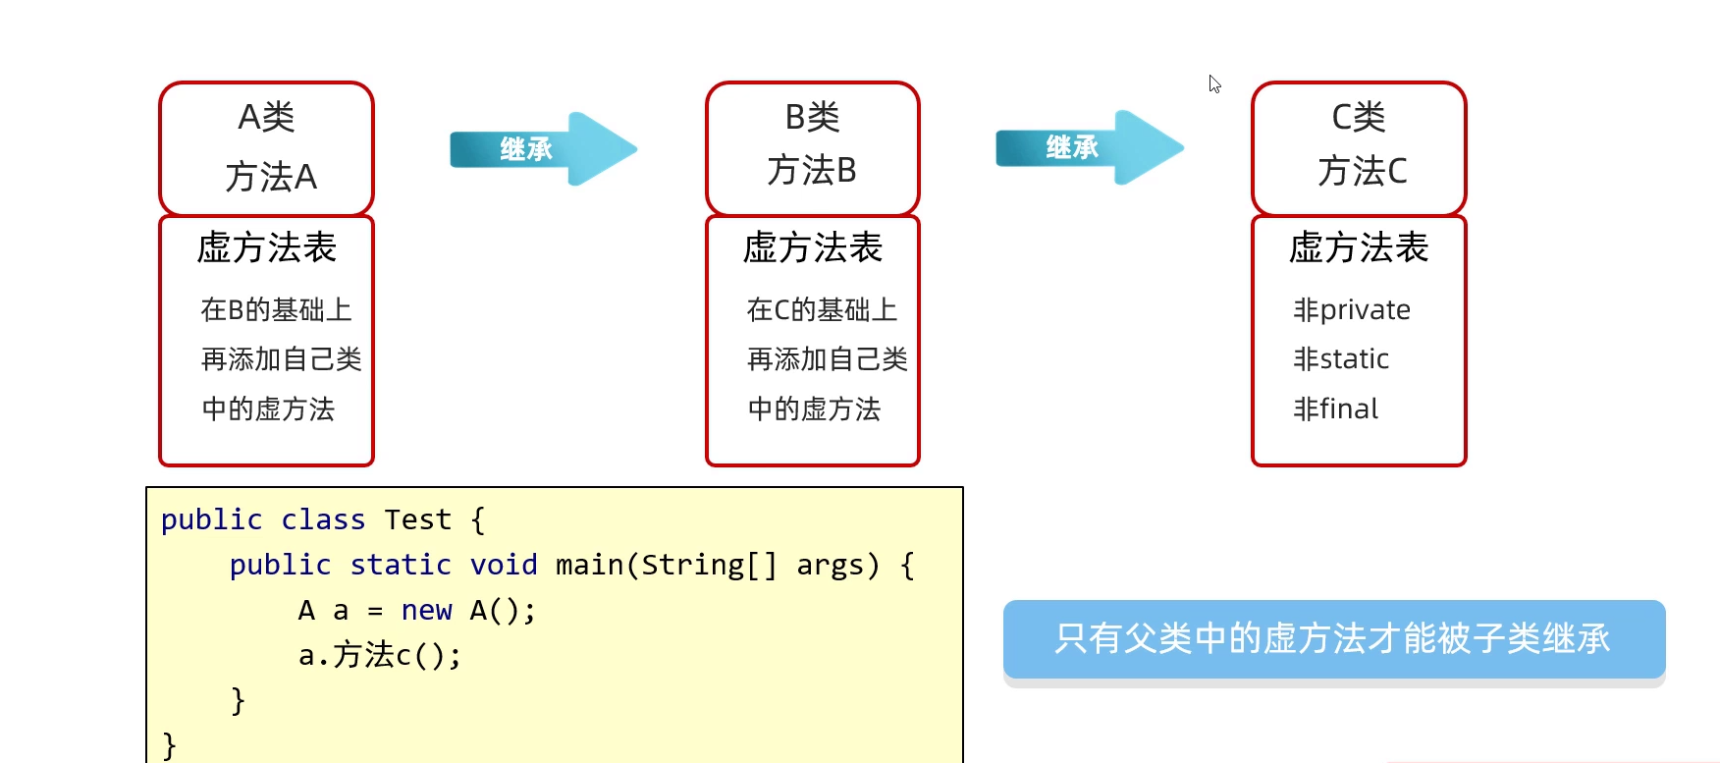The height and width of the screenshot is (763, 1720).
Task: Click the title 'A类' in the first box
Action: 266,118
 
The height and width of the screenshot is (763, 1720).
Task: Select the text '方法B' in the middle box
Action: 812,171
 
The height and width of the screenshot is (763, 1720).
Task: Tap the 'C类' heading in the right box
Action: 1359,118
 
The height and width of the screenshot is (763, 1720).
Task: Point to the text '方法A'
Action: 271,178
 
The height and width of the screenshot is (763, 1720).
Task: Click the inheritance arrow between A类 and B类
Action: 543,149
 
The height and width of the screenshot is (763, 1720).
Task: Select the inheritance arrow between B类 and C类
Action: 1089,148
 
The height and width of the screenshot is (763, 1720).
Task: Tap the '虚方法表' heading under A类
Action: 267,247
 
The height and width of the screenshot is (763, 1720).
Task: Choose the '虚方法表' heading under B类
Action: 813,247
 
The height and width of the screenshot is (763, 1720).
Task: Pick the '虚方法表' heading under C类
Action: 1359,247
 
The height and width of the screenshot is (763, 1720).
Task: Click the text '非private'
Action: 1352,310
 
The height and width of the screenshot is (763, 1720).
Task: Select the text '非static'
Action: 1341,359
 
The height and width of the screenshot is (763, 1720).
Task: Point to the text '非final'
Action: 1336,409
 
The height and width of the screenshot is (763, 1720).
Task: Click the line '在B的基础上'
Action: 276,310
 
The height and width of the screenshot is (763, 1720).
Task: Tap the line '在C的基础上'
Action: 822,310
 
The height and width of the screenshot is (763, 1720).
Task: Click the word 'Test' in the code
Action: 418,519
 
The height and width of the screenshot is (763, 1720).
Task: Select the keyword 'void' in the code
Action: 504,565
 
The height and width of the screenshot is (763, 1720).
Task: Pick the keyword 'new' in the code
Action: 426,611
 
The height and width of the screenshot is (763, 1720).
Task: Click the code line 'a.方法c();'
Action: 380,655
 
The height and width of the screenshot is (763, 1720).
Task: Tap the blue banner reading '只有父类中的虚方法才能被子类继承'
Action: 1333,639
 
